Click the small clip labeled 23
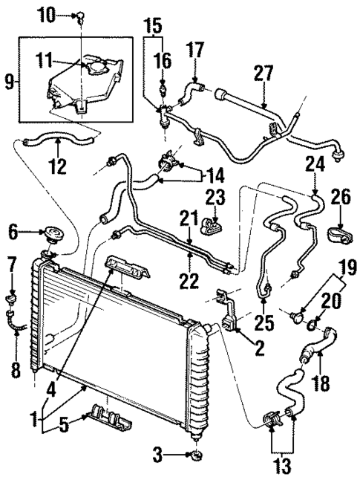pos(215,221)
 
